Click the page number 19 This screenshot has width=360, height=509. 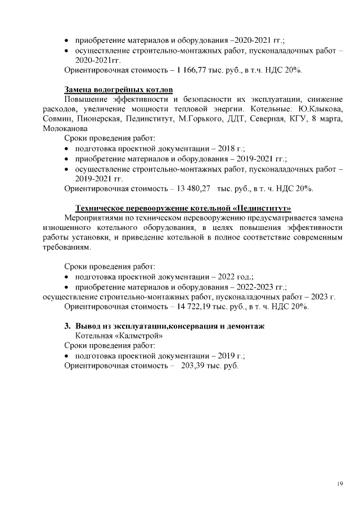coord(340,484)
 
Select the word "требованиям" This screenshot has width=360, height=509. coord(66,247)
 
